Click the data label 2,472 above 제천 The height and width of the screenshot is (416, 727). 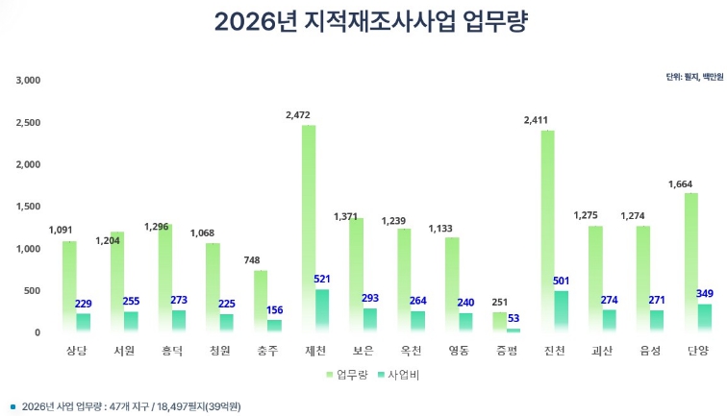coord(299,115)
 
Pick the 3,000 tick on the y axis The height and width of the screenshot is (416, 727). coord(28,80)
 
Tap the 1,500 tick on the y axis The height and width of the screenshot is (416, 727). coord(28,207)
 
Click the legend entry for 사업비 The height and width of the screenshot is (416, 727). coord(397,375)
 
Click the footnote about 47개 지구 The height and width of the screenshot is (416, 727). coord(125,406)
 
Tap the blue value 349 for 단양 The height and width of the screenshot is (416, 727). coord(705,293)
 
